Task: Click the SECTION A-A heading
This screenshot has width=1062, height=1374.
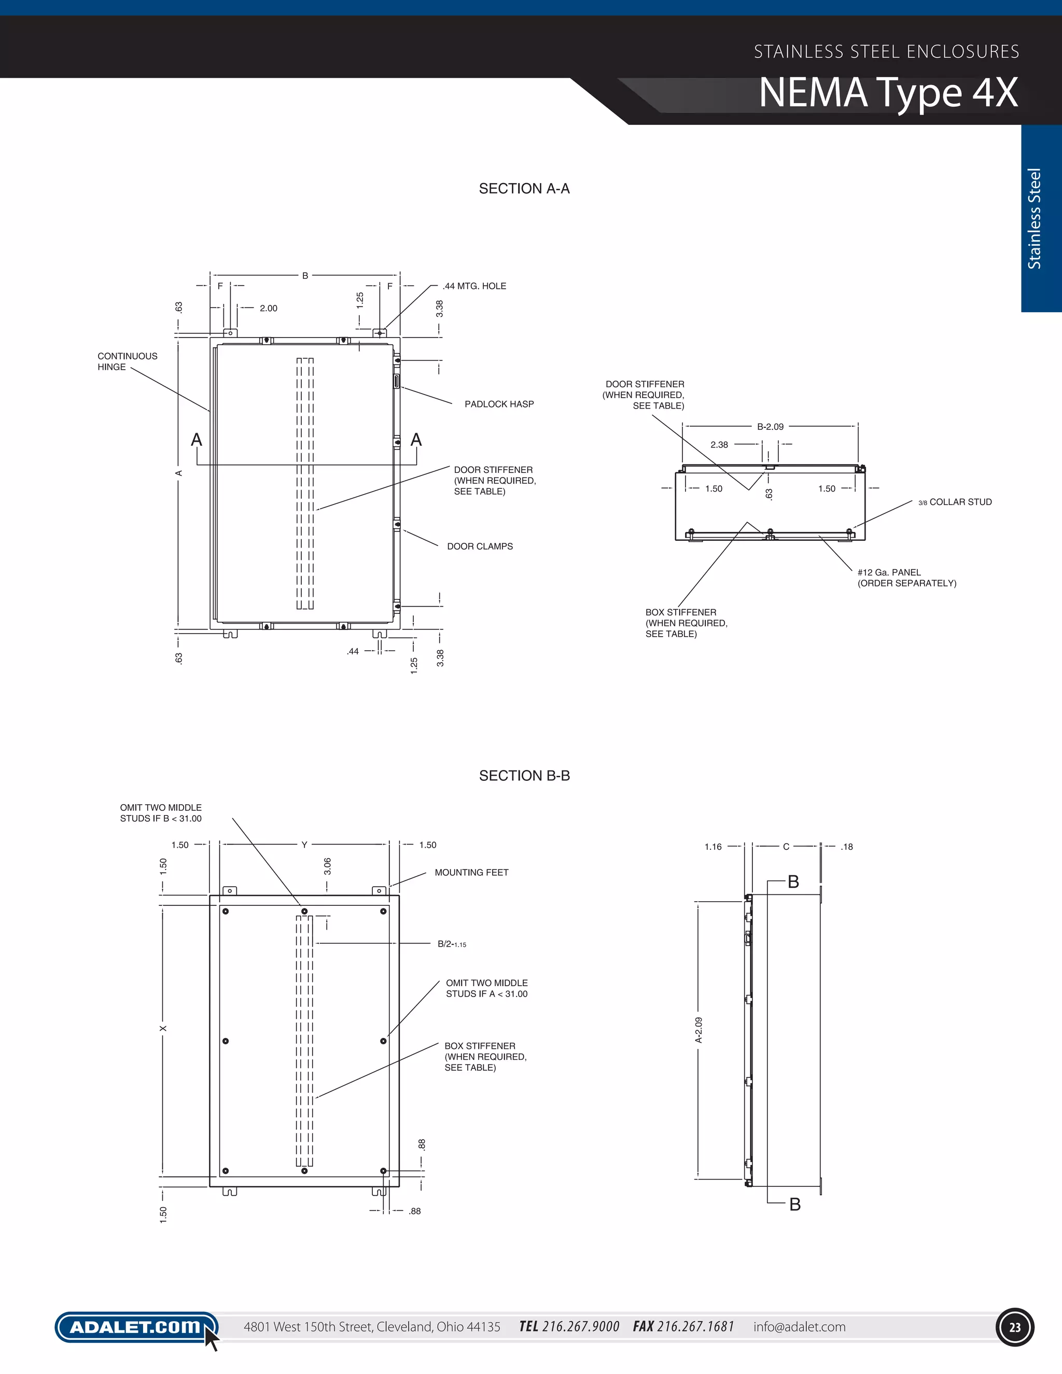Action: [x=524, y=189]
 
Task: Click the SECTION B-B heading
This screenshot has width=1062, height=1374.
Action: [x=524, y=776]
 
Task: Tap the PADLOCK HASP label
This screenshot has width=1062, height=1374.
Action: [x=499, y=404]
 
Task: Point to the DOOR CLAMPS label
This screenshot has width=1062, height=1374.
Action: [x=480, y=546]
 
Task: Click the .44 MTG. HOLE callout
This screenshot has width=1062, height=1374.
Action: [x=474, y=286]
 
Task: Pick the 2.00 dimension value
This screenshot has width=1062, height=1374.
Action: [x=268, y=309]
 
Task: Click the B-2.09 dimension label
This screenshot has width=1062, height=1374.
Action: [x=770, y=427]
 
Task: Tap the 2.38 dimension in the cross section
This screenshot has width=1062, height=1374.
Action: [x=719, y=445]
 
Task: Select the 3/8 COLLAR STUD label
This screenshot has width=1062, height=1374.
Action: [x=955, y=502]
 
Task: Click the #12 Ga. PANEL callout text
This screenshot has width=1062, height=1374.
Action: [x=906, y=578]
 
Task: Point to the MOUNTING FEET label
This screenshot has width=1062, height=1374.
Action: [x=471, y=873]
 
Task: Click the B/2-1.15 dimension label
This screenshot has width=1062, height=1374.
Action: [x=452, y=944]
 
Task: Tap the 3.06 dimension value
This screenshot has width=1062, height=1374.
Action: [x=327, y=866]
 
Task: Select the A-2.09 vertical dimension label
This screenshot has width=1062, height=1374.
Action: [x=698, y=1030]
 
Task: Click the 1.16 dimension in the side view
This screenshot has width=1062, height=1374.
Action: [x=713, y=847]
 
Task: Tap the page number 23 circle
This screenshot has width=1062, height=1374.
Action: [x=1015, y=1327]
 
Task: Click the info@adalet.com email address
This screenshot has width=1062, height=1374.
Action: [x=799, y=1327]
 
